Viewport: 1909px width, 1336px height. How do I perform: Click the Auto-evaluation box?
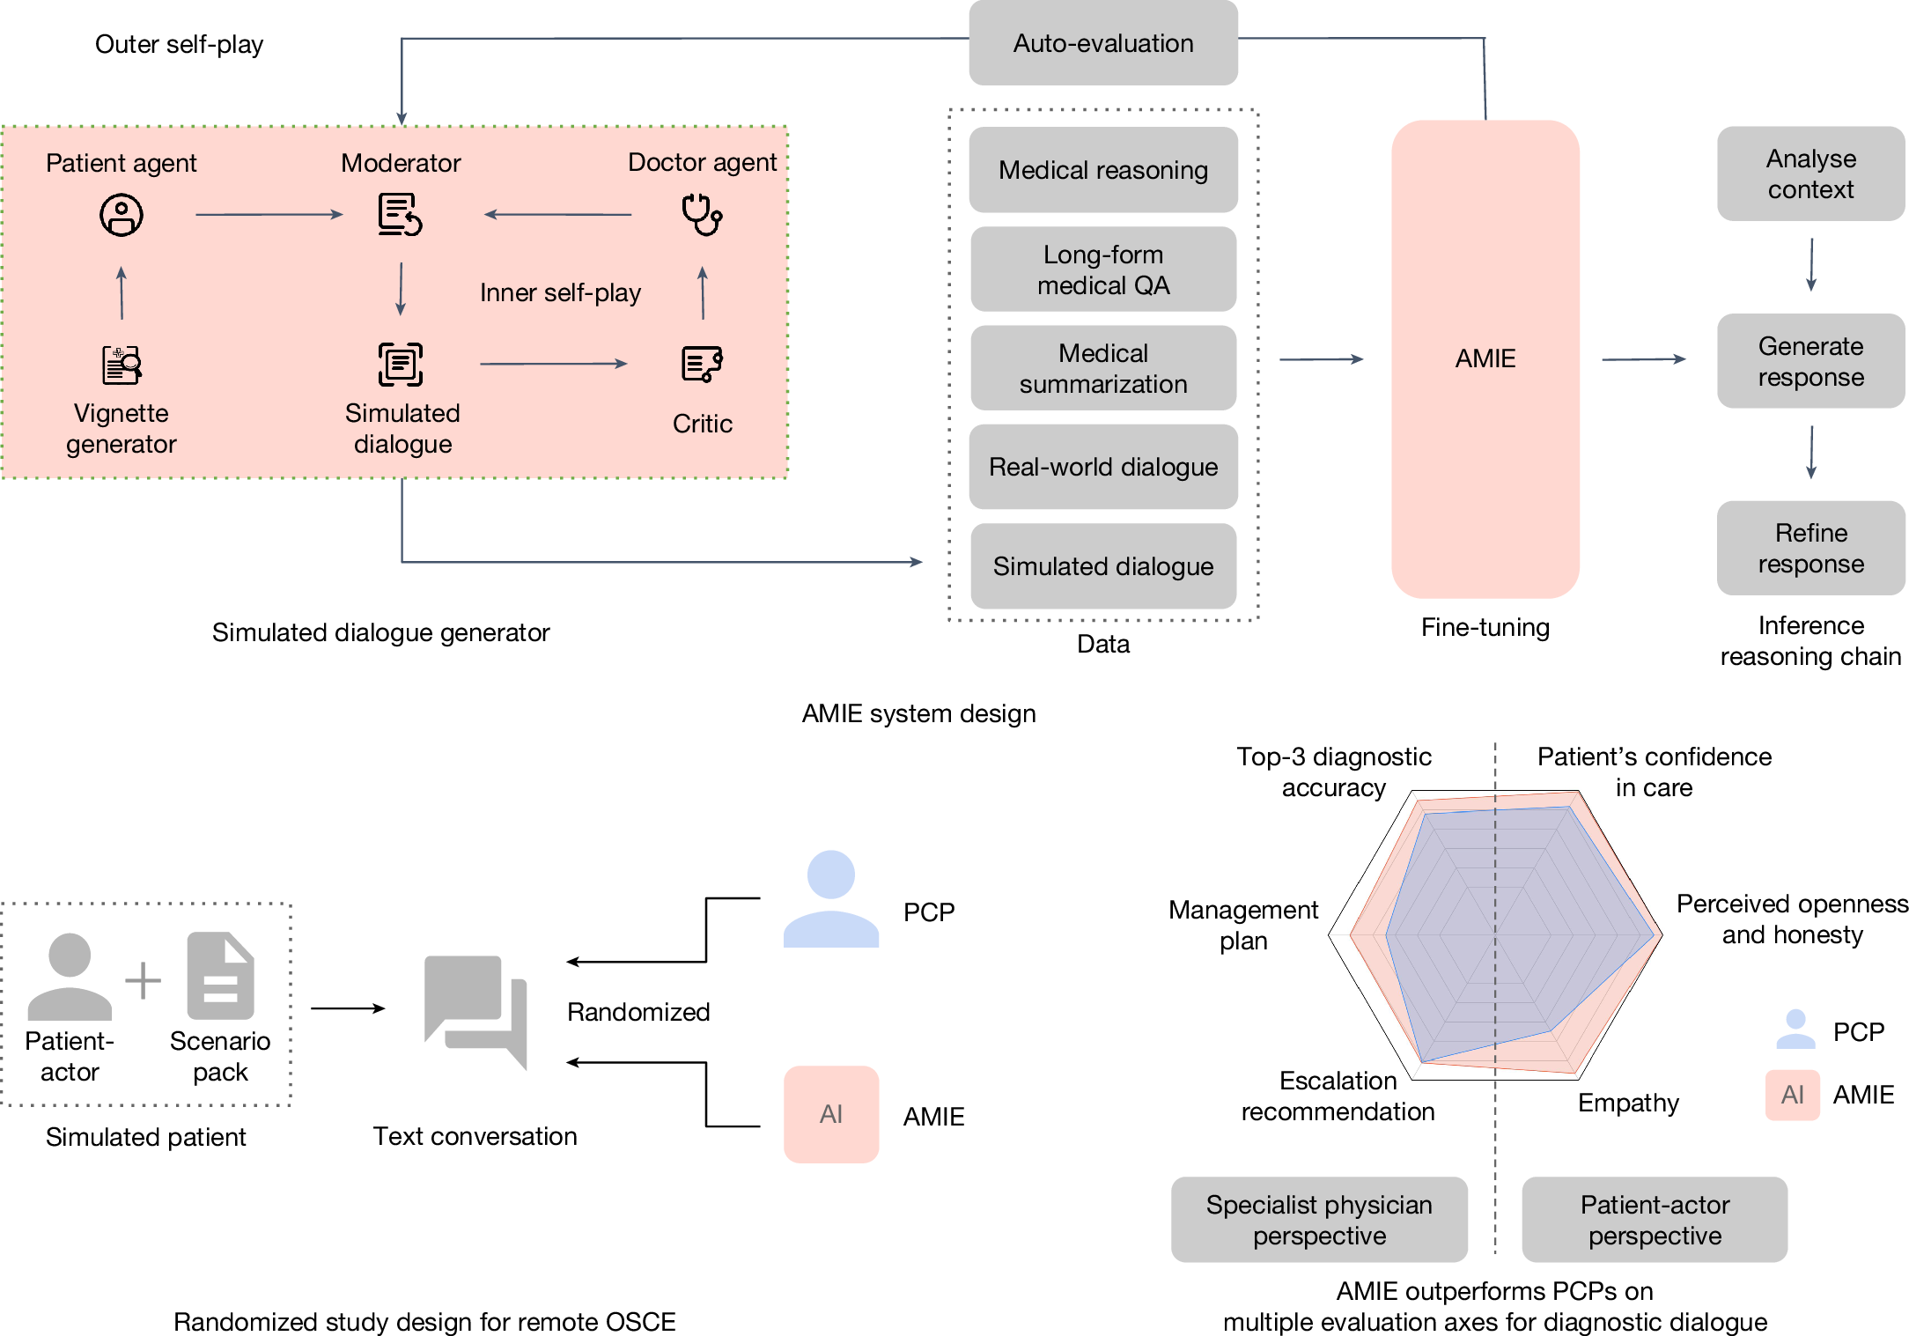1102,43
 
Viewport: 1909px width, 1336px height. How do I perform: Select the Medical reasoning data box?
1102,170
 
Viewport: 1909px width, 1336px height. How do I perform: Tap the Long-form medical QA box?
1102,269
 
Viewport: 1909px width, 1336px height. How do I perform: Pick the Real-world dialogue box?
1102,467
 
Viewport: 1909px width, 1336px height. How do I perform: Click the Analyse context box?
1809,173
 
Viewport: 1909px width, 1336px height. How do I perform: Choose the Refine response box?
1809,548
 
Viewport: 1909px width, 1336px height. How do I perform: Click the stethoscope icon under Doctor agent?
701,215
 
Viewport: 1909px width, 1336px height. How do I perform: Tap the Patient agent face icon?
122,215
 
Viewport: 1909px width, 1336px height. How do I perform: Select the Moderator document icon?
400,215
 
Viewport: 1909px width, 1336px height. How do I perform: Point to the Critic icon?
701,364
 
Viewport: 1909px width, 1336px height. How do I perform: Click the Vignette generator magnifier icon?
122,365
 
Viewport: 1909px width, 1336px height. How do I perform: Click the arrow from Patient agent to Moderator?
269,214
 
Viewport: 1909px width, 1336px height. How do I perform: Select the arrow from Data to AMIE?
1321,359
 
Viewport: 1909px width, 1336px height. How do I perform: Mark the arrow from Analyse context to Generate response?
1810,264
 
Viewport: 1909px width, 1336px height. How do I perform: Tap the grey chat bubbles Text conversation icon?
475,1010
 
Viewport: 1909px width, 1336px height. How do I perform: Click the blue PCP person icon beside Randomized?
830,900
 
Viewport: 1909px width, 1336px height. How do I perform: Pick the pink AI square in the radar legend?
1792,1095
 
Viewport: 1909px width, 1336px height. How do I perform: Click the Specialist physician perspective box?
1318,1220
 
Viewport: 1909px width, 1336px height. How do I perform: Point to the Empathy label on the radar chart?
1627,1103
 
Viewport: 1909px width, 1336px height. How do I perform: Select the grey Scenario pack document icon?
220,976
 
